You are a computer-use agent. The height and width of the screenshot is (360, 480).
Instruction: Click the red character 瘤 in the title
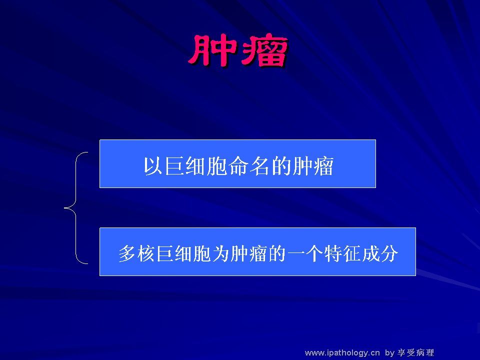pyautogui.click(x=263, y=51)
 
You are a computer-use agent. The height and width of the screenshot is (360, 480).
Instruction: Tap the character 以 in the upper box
pyautogui.click(x=153, y=166)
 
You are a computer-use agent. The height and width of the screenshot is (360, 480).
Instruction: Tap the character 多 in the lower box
pyautogui.click(x=127, y=253)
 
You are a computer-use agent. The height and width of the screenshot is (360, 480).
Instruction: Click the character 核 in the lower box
pyautogui.click(x=145, y=253)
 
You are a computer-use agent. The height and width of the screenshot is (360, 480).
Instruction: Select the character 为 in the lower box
pyautogui.click(x=220, y=253)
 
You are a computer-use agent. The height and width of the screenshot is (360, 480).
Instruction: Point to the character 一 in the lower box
pyautogui.click(x=295, y=253)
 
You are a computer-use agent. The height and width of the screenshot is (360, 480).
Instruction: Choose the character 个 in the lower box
pyautogui.click(x=314, y=253)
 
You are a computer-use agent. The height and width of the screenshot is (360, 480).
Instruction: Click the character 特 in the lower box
pyautogui.click(x=333, y=253)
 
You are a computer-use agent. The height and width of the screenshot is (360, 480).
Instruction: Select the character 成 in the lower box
pyautogui.click(x=370, y=253)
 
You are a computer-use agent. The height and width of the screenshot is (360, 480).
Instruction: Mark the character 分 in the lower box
pyautogui.click(x=389, y=253)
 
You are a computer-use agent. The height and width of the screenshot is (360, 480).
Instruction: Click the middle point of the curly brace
pyautogui.click(x=64, y=208)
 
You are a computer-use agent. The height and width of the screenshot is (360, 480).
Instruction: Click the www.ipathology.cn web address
pyautogui.click(x=342, y=353)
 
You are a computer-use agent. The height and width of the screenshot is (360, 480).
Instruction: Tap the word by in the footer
pyautogui.click(x=389, y=353)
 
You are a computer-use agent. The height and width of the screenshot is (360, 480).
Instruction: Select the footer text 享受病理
pyautogui.click(x=415, y=352)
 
